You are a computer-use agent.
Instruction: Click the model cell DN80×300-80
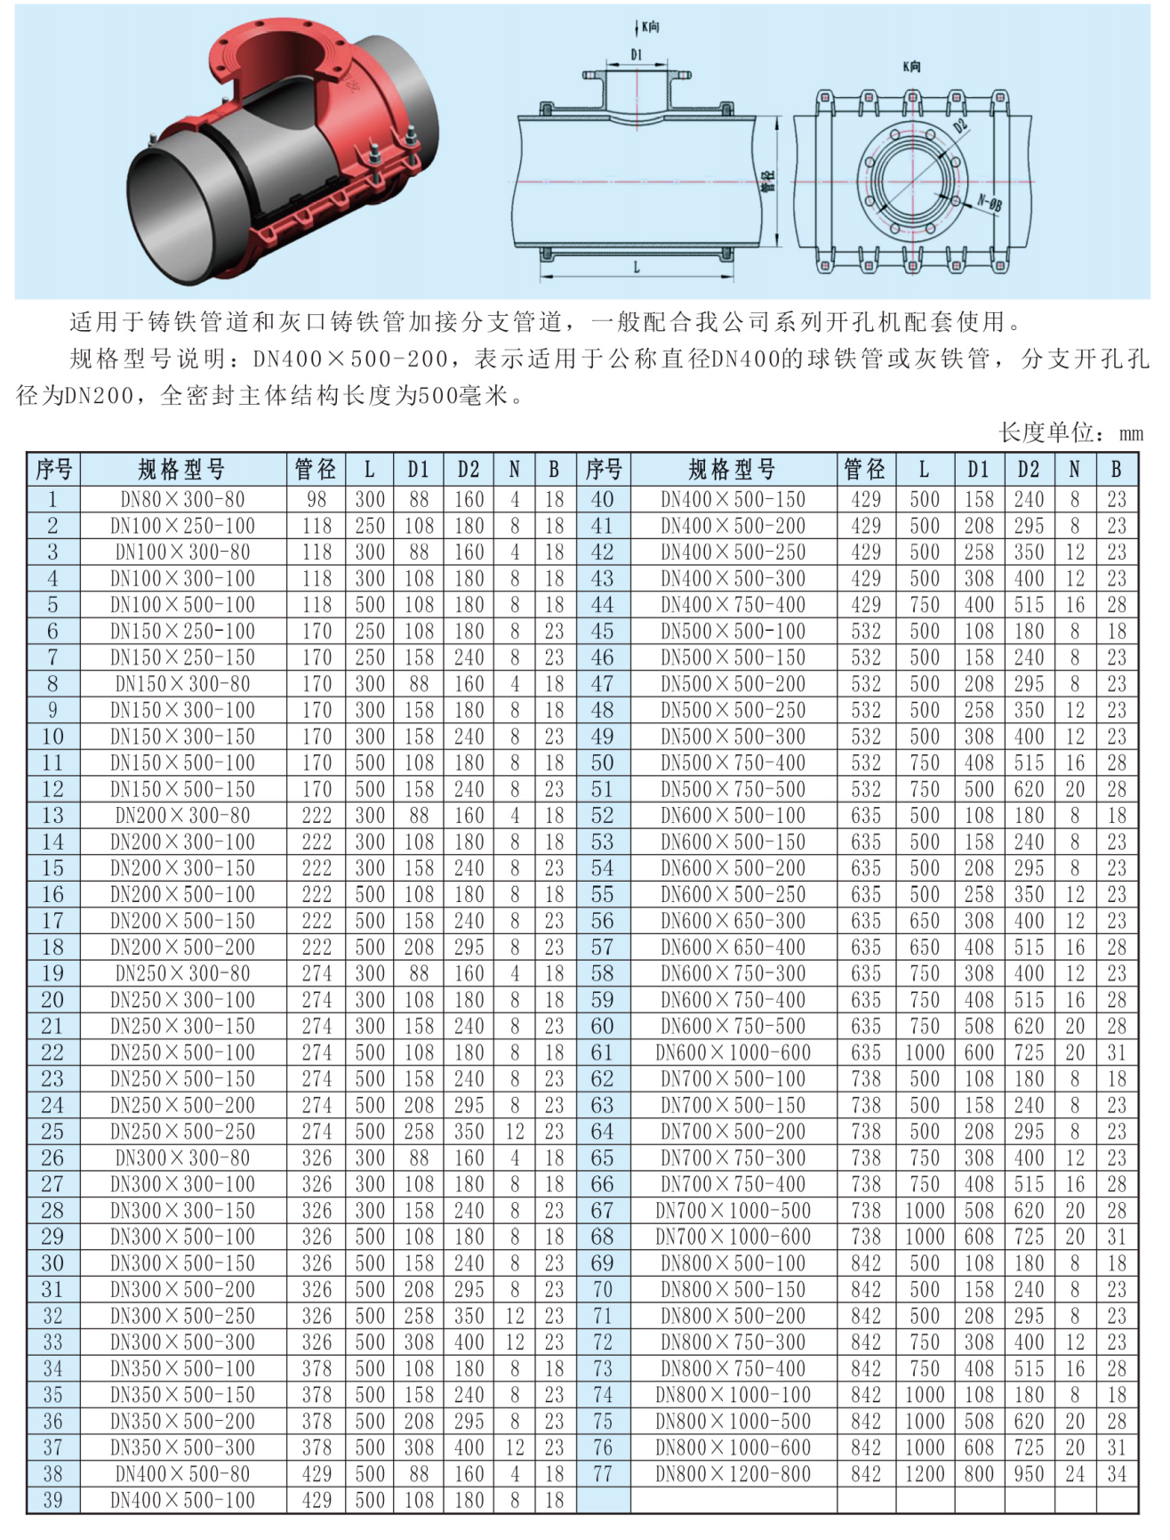coord(182,499)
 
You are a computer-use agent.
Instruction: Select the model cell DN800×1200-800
coord(733,1474)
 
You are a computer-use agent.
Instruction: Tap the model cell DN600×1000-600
coord(733,1052)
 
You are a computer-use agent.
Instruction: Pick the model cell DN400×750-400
coord(733,605)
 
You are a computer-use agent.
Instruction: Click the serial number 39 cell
coord(52,1500)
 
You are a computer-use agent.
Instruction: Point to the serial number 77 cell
coord(603,1474)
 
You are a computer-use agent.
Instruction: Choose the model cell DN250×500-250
coord(182,1132)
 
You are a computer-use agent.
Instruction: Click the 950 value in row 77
coord(1029,1474)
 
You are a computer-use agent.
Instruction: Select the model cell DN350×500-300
coord(182,1447)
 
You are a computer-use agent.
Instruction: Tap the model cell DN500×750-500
coord(733,789)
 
